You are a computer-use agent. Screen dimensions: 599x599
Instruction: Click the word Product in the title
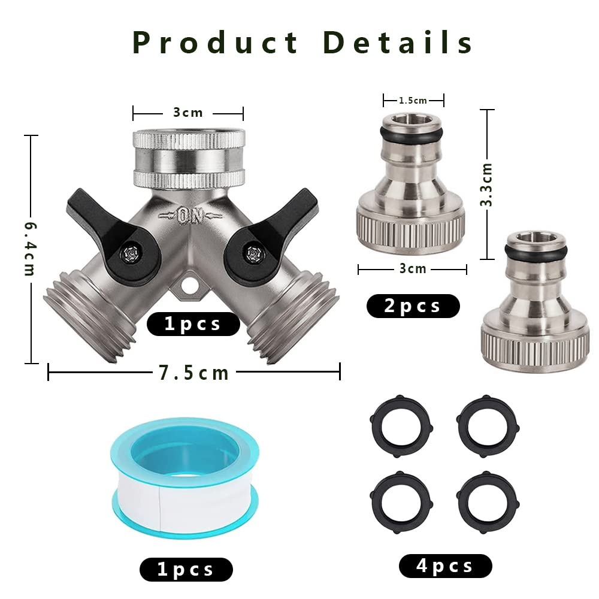215,42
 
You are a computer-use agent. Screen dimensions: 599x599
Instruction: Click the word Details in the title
398,42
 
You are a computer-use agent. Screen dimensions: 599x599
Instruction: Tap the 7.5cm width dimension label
193,373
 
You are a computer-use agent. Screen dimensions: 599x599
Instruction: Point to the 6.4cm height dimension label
31,249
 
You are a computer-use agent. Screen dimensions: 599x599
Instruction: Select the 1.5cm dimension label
413,101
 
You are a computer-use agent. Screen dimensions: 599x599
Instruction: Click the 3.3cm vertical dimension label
486,184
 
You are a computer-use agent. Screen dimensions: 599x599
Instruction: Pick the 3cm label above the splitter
187,113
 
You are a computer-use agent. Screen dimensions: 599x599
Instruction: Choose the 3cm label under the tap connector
413,268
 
